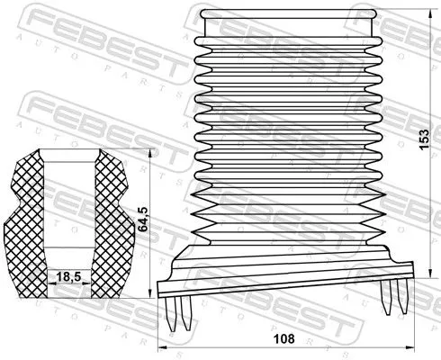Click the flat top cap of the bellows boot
coord(269,17)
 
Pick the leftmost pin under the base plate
coord(174,314)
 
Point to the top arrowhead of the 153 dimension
coord(416,13)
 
